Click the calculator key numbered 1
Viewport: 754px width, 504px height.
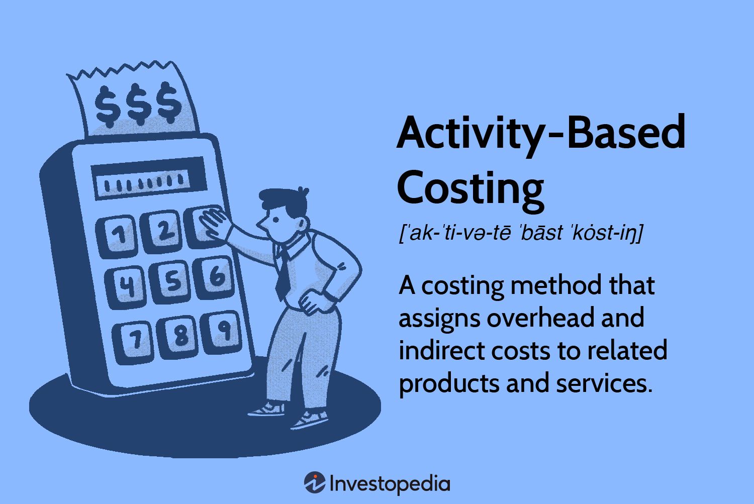(x=117, y=236)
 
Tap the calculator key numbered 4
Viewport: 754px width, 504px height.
(x=126, y=287)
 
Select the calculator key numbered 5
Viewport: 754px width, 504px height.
(x=170, y=281)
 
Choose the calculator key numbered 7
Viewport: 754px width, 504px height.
(x=133, y=342)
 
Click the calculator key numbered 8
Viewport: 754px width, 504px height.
(x=177, y=337)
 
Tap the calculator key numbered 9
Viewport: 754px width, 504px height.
(x=221, y=332)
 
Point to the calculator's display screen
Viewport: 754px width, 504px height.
(x=149, y=178)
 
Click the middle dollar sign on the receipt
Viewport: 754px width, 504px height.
(x=138, y=104)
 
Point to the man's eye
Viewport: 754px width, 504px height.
(x=276, y=220)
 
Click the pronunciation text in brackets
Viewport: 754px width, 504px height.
(x=521, y=233)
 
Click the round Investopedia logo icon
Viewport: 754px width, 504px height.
(x=315, y=482)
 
